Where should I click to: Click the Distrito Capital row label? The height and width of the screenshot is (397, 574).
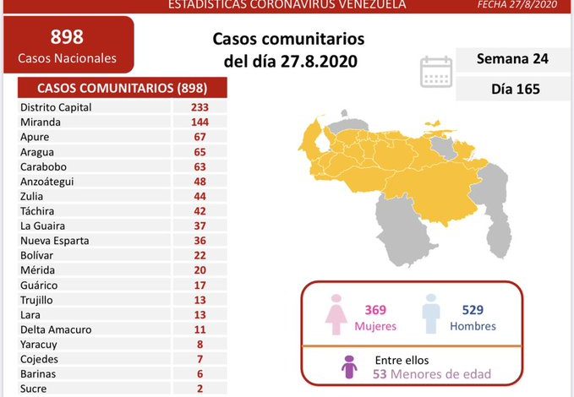[56, 107]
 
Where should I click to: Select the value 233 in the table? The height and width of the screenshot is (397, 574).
[200, 107]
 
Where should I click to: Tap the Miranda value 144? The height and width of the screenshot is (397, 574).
[200, 122]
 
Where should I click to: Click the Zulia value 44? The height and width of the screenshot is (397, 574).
[200, 196]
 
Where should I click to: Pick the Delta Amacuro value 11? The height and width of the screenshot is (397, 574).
[200, 329]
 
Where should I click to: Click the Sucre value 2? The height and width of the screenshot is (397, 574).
[200, 389]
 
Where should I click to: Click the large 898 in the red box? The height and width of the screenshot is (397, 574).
[68, 37]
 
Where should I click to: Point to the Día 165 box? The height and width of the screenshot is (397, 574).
[512, 89]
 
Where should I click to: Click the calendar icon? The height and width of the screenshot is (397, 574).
[436, 72]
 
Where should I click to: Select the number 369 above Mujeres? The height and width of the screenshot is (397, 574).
[375, 311]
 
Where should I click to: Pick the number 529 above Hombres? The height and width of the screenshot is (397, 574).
[472, 311]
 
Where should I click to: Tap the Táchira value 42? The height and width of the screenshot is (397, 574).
[200, 211]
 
